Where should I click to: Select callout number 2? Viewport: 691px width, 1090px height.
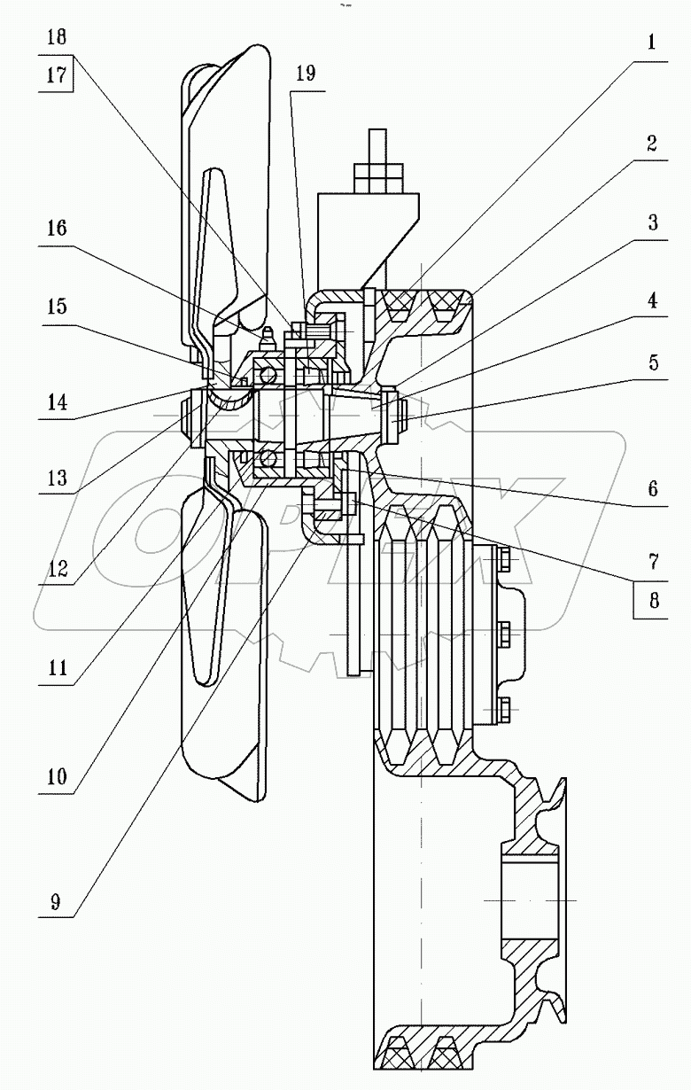[x=651, y=144]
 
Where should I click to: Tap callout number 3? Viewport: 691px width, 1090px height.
[x=651, y=222]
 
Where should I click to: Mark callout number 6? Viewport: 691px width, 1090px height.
[x=651, y=488]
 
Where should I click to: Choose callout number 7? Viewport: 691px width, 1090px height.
[x=651, y=560]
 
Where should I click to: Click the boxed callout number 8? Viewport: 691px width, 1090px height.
[x=651, y=600]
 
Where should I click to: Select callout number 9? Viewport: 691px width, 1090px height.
[x=57, y=902]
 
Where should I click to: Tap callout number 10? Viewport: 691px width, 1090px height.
[x=57, y=777]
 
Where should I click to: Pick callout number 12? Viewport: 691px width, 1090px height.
[x=57, y=569]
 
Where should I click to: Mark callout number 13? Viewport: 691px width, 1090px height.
[x=57, y=479]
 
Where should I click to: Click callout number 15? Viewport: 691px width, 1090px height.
[x=57, y=307]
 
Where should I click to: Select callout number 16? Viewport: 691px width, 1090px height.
[x=57, y=229]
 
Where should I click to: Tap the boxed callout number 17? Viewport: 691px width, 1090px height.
[x=57, y=76]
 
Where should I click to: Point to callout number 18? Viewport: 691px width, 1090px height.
[x=57, y=37]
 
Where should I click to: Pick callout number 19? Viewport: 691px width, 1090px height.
[x=305, y=74]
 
